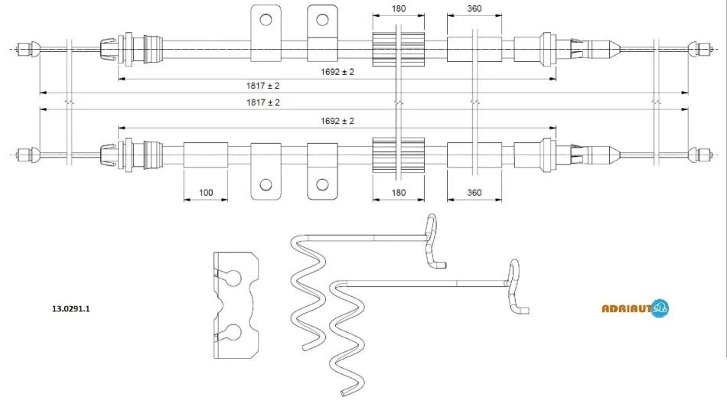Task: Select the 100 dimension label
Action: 205,193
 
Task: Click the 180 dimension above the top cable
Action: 398,9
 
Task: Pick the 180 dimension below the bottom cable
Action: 398,193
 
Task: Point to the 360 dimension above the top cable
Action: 474,9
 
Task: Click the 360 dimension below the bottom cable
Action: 474,193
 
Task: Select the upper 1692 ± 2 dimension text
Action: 337,71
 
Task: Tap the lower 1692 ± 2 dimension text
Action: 337,121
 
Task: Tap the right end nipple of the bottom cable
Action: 697,155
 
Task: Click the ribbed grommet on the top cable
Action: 398,49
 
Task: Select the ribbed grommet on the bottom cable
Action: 398,155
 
